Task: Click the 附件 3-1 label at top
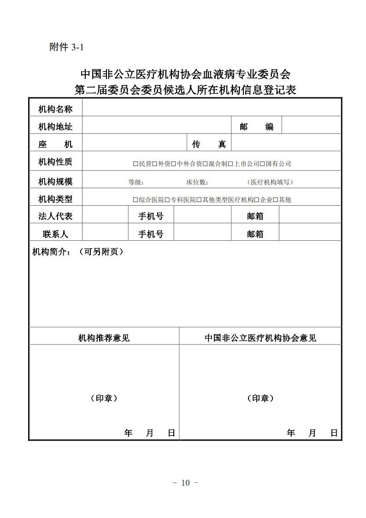coord(65,47)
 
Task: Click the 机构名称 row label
coord(55,109)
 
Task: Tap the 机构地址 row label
coord(55,126)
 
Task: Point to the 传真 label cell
coord(209,144)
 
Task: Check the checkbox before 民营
coord(136,164)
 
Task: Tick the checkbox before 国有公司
coord(262,164)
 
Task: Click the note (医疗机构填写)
coord(270,182)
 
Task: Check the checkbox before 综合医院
coord(136,200)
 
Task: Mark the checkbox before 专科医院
coord(167,200)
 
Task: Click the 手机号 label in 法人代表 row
coord(151,216)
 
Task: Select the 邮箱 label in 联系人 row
coord(255,234)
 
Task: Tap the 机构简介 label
coord(51,252)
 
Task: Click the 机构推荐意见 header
coord(104,338)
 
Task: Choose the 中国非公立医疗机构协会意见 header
coord(260,338)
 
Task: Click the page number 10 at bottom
coord(185,483)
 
